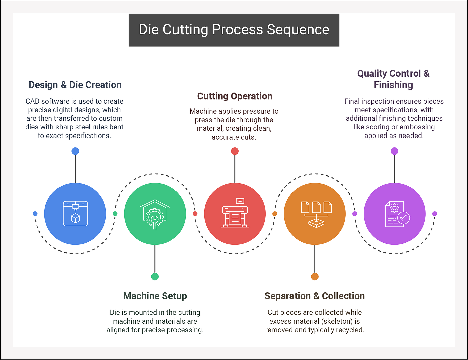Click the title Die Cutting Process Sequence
[x=234, y=29]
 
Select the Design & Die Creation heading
[x=75, y=85]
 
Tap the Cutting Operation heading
[x=235, y=96]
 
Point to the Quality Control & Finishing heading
[x=393, y=79]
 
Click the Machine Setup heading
[x=155, y=296]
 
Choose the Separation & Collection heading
[x=315, y=296]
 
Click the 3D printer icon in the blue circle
[x=75, y=214]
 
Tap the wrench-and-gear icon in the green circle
[x=155, y=214]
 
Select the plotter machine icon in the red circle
[x=235, y=213]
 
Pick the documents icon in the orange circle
[x=316, y=214]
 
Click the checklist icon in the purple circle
[x=397, y=214]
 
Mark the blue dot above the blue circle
[x=75, y=151]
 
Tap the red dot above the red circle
[x=235, y=151]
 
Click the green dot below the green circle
[x=155, y=277]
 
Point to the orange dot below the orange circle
[x=315, y=277]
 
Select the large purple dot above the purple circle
[x=394, y=151]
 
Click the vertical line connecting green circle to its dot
[x=155, y=259]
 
